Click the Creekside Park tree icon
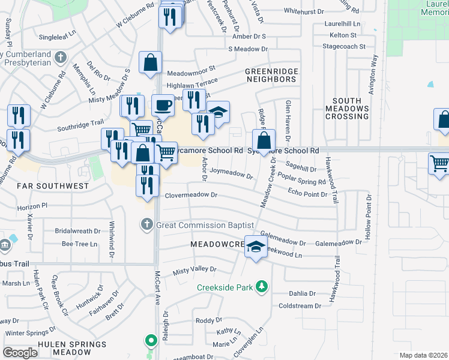[x=261, y=287]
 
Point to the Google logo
[x=20, y=353]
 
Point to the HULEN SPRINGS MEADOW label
[x=72, y=349]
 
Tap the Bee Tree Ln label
[x=79, y=244]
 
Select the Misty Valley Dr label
[x=194, y=271]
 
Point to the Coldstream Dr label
[x=304, y=306]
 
